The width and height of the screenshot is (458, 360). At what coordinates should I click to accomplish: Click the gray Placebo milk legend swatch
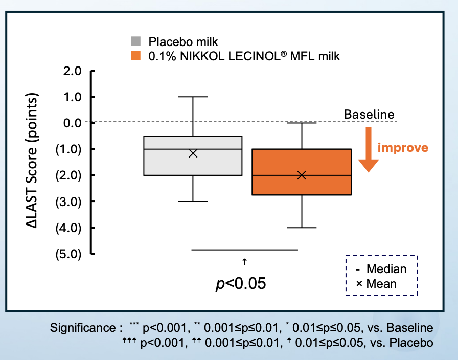click(135, 41)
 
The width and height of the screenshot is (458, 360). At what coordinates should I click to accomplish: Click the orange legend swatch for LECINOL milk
click(135, 56)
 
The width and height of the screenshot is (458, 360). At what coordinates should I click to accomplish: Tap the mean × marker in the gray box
click(193, 153)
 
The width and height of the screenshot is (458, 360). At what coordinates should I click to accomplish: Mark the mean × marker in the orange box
click(302, 175)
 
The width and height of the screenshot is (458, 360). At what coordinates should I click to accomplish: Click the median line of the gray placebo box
click(169, 149)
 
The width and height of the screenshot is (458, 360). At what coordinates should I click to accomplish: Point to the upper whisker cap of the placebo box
click(193, 97)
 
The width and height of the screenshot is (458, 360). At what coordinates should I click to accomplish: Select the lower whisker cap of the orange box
click(302, 228)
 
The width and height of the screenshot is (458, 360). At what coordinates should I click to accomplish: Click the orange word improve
click(402, 148)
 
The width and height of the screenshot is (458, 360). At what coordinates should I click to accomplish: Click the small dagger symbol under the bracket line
click(245, 262)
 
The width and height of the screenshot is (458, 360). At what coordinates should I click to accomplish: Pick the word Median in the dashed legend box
click(387, 269)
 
